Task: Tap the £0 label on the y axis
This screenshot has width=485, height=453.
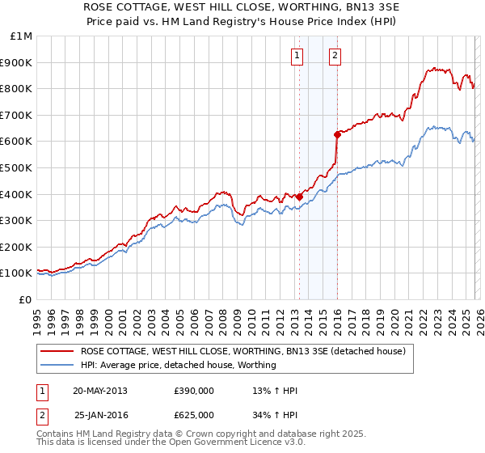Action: coord(26,299)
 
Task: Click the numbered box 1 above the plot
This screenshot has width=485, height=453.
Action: coord(297,56)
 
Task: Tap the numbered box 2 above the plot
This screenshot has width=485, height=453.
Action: coord(335,56)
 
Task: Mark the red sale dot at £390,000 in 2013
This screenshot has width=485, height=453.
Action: coord(299,197)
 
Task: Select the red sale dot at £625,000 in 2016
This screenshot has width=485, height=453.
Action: coord(337,134)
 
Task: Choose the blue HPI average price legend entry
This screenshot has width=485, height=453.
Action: coord(178,365)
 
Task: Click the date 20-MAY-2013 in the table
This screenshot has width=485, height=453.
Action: coord(99,391)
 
